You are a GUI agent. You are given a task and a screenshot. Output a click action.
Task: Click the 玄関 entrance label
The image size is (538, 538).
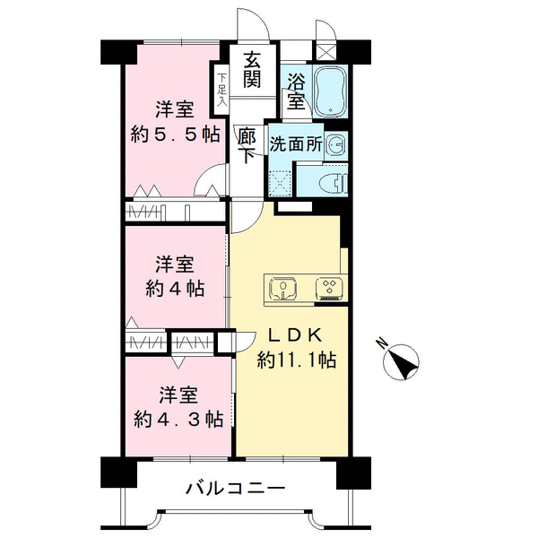click(x=252, y=70)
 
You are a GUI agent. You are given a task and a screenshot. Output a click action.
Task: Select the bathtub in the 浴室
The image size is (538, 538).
click(x=330, y=91)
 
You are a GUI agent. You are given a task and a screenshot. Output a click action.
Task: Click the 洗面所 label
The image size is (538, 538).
click(x=296, y=144)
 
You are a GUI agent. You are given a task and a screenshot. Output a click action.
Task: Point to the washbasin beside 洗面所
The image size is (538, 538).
click(x=336, y=146)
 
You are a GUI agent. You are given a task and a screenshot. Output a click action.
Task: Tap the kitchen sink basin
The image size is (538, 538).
click(x=283, y=288)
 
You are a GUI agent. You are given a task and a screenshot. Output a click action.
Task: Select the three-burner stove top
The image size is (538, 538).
click(x=329, y=288)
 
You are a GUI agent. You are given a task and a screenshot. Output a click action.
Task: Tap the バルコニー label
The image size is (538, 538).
click(x=235, y=488)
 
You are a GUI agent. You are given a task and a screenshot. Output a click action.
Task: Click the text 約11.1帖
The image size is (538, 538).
click(x=297, y=360)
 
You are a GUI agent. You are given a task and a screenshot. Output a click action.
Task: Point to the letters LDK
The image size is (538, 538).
click(x=295, y=335)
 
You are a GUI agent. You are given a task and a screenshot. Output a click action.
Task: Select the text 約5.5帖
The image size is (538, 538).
click(x=175, y=134)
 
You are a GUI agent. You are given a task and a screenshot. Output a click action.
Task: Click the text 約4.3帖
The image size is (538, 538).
click(x=178, y=420)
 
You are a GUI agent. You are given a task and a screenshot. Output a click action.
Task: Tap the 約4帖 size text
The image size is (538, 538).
click(x=175, y=289)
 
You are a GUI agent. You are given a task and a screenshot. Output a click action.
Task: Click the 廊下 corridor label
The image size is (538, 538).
click(x=247, y=145)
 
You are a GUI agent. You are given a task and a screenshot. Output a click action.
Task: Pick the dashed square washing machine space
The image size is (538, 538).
click(x=281, y=183)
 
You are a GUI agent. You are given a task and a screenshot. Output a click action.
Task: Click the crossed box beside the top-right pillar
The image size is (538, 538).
click(x=325, y=53)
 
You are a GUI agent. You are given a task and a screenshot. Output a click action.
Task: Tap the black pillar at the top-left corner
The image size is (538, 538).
click(x=118, y=52)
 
